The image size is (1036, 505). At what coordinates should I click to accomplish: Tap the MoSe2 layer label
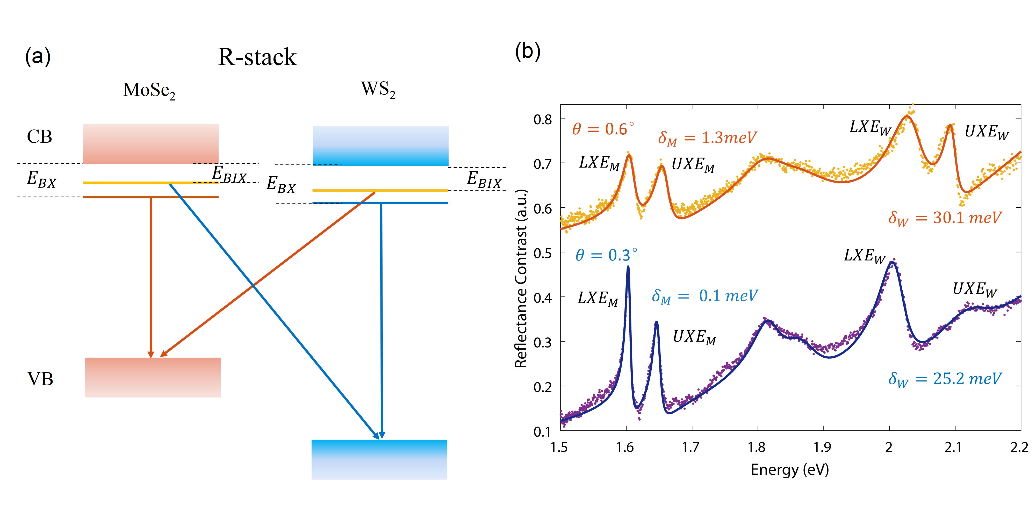tap(149, 90)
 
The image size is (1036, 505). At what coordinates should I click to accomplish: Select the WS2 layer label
tap(378, 89)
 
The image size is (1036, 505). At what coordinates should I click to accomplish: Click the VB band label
tap(40, 379)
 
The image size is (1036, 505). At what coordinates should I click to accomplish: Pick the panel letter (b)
tap(528, 52)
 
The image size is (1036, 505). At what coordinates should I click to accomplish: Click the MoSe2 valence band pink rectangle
tap(153, 377)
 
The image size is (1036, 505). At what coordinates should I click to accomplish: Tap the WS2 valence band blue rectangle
tap(379, 459)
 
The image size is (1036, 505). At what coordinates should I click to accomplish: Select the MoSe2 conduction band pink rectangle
tap(150, 143)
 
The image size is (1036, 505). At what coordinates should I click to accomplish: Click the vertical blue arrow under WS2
tap(381, 322)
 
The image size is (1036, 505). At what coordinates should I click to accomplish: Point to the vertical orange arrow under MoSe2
tap(151, 277)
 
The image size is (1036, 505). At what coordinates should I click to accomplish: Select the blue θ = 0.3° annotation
tap(606, 255)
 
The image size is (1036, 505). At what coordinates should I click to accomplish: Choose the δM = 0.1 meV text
tap(704, 296)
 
